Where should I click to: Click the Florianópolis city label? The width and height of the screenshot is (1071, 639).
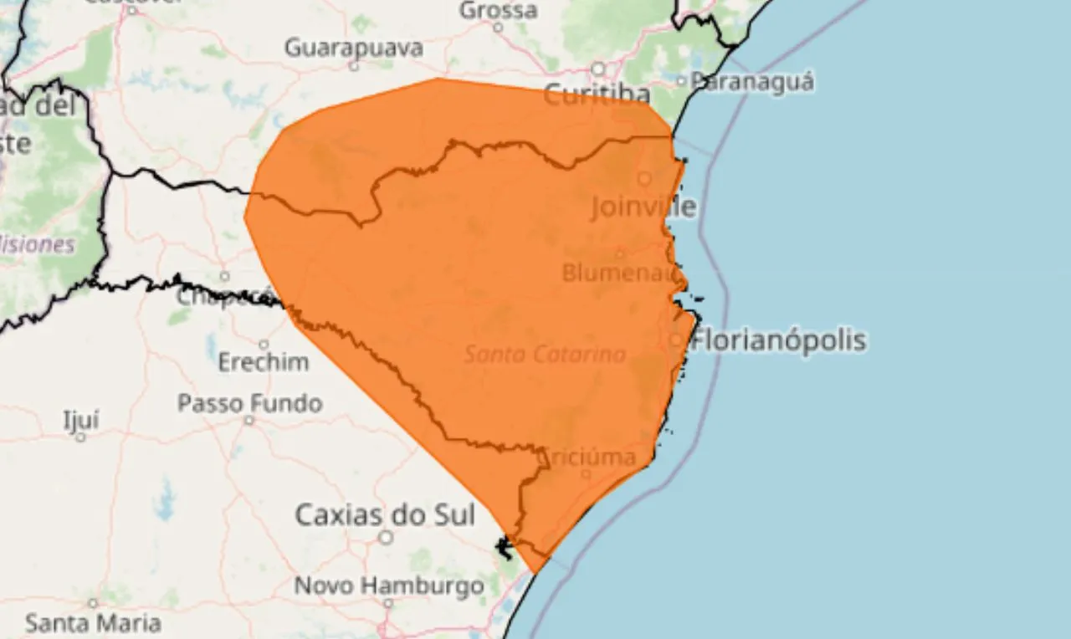779,340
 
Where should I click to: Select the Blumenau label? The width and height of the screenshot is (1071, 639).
618,273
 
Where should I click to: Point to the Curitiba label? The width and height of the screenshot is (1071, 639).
597,95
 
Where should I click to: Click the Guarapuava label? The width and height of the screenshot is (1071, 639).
353,48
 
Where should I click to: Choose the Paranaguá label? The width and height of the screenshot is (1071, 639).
751,81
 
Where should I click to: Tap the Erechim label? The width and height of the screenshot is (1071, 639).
263,362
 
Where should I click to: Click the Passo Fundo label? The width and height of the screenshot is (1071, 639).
249,403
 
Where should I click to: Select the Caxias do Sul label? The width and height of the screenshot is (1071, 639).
385,514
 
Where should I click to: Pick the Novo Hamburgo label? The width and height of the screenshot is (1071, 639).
389,585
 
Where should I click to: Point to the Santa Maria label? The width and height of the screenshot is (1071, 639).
92,623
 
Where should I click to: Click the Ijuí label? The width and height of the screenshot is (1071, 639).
80,419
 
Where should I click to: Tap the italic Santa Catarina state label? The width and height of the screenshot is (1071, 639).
545,355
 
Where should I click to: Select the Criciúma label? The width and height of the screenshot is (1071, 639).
589,457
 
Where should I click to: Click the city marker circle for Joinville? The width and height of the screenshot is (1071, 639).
644,178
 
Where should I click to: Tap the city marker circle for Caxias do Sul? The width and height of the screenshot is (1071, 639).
386,537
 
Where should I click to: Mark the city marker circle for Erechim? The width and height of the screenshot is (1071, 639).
264,344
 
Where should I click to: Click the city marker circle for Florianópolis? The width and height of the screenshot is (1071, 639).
676,340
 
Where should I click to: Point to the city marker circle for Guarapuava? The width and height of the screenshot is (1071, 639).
353,65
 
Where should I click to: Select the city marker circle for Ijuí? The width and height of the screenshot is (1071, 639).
80,436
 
